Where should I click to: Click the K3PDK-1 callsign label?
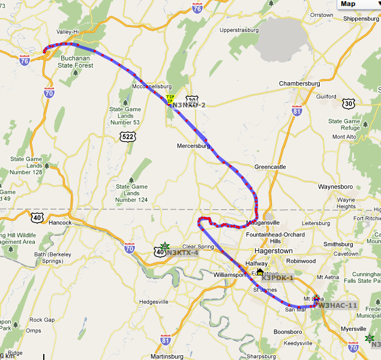(x=278, y=278)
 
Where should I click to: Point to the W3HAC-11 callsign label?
(x=337, y=305)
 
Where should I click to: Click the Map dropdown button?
(x=358, y=4)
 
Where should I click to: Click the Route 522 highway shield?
(x=128, y=137)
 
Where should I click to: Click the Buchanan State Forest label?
(x=76, y=62)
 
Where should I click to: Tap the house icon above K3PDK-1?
(x=260, y=272)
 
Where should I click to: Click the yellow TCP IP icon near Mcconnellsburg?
(x=170, y=99)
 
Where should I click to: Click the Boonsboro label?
(x=287, y=331)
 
